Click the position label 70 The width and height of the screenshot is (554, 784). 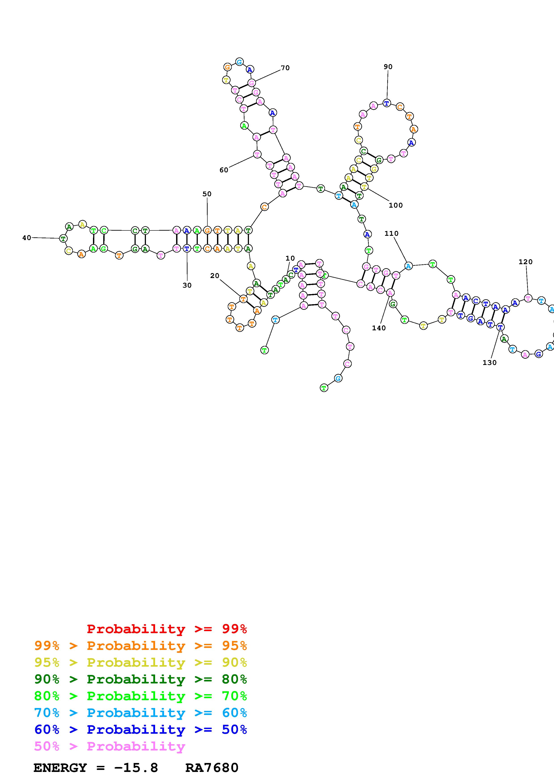tap(285, 68)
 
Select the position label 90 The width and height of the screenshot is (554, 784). tap(388, 67)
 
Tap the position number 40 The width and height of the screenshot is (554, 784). tap(27, 238)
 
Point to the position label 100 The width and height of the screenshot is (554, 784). tap(396, 205)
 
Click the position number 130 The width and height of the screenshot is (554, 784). tap(489, 363)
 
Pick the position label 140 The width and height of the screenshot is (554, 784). tap(379, 328)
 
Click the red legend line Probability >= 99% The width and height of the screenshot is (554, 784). tap(166, 629)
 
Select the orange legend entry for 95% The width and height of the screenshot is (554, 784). tap(140, 645)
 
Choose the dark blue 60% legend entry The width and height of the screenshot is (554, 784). tap(140, 729)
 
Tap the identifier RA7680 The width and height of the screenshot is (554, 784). tap(212, 768)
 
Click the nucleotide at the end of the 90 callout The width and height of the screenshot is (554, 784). tap(386, 103)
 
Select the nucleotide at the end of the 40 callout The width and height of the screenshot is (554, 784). tap(63, 238)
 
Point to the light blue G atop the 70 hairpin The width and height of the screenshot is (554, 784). tap(239, 62)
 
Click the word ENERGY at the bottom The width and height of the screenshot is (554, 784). tap(60, 768)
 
